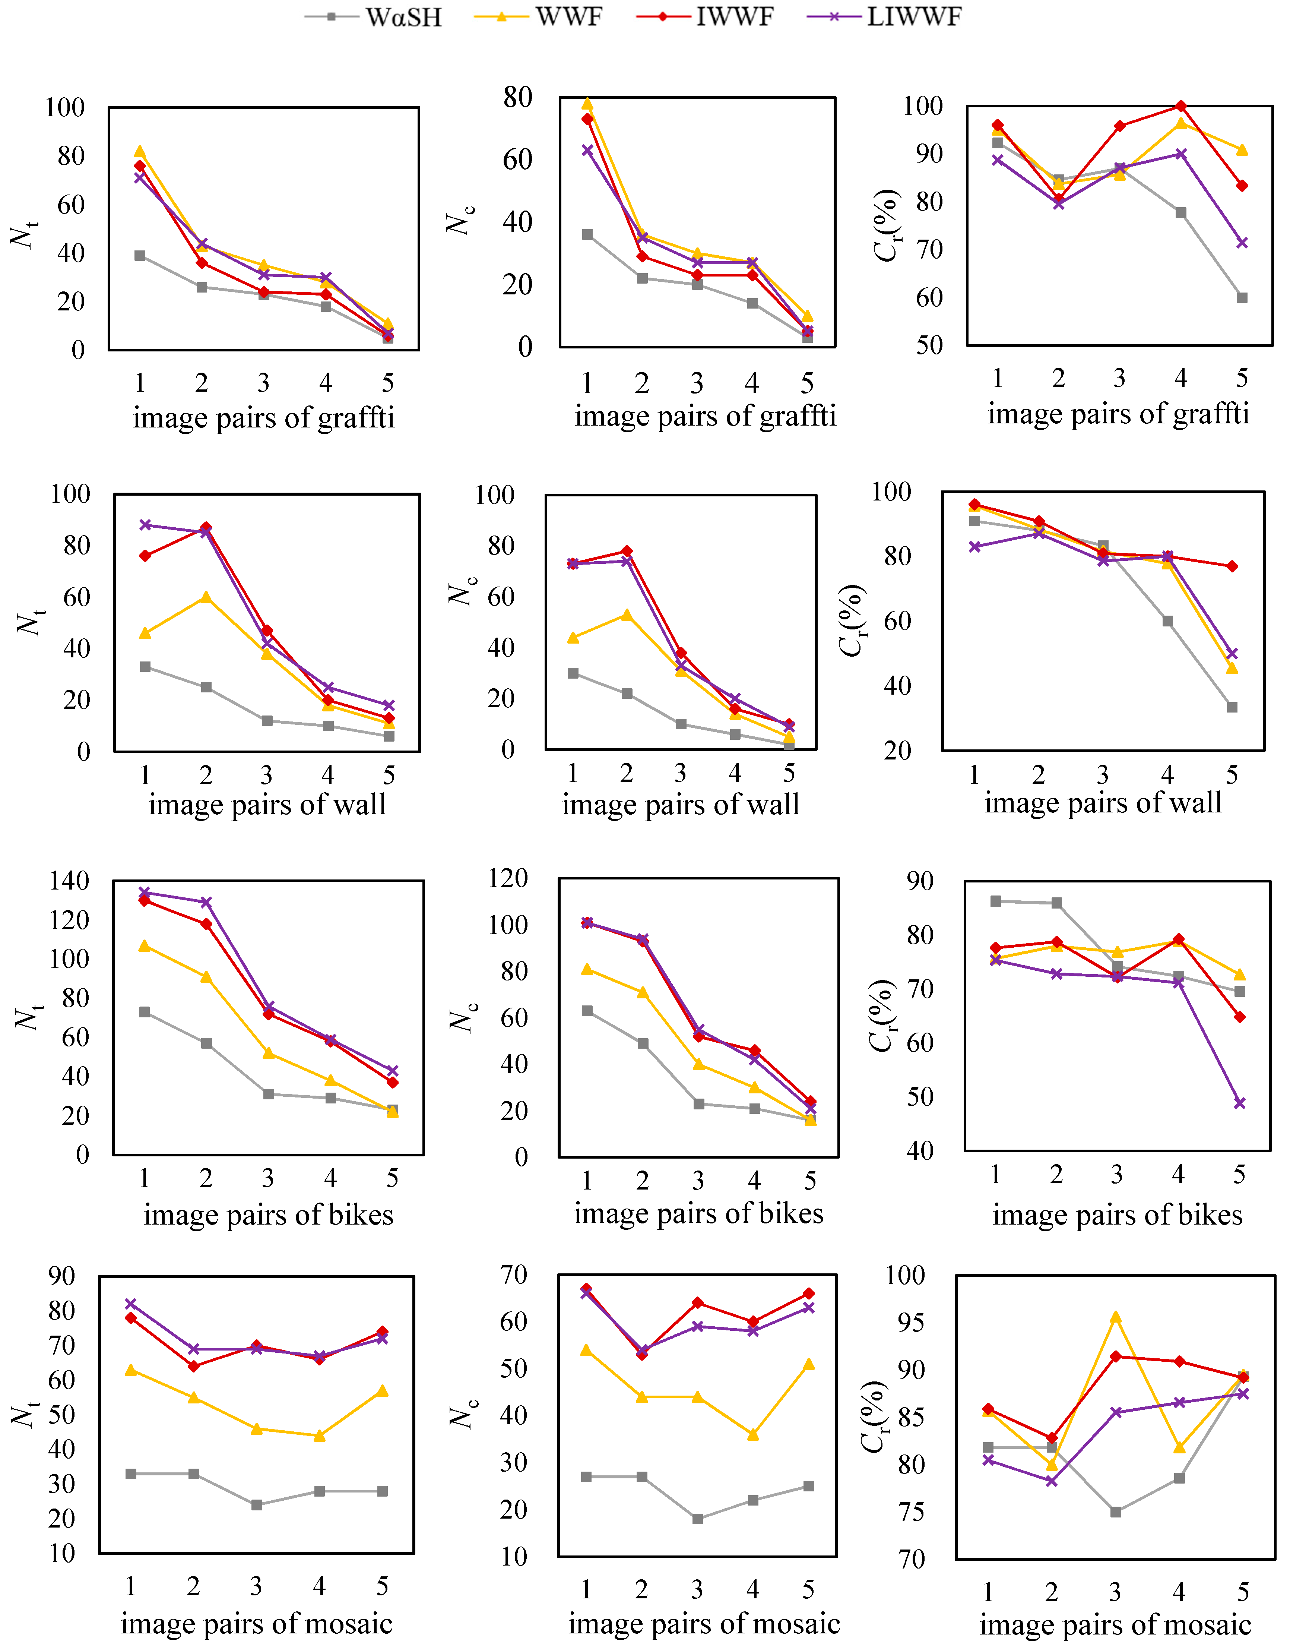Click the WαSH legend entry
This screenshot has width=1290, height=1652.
(374, 17)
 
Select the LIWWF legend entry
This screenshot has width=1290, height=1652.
(885, 17)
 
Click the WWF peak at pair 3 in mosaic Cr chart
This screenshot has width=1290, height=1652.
(1115, 1318)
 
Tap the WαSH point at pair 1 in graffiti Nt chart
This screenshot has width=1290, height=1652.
(140, 256)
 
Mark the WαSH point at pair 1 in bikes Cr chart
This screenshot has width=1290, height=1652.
(996, 901)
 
